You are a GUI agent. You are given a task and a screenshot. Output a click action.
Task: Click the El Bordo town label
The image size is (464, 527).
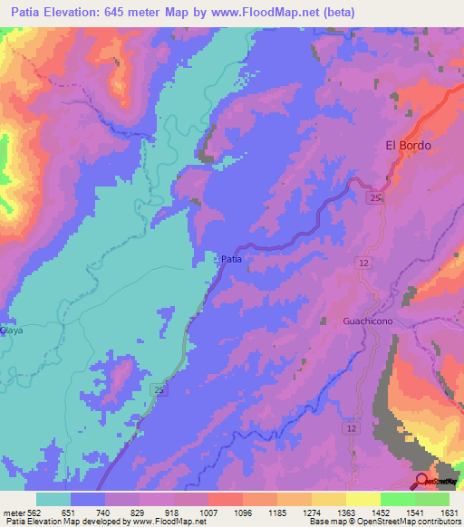(408, 145)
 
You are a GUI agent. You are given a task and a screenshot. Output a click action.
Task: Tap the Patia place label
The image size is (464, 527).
(231, 259)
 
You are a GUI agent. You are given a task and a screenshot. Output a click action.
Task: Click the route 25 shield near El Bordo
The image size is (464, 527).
(376, 196)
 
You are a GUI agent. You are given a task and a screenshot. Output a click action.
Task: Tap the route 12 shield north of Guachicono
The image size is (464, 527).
(363, 262)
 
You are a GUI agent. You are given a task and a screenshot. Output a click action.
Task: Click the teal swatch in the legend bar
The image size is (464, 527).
(53, 499)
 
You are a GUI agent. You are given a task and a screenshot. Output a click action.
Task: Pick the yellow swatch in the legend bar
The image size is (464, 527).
(363, 499)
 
